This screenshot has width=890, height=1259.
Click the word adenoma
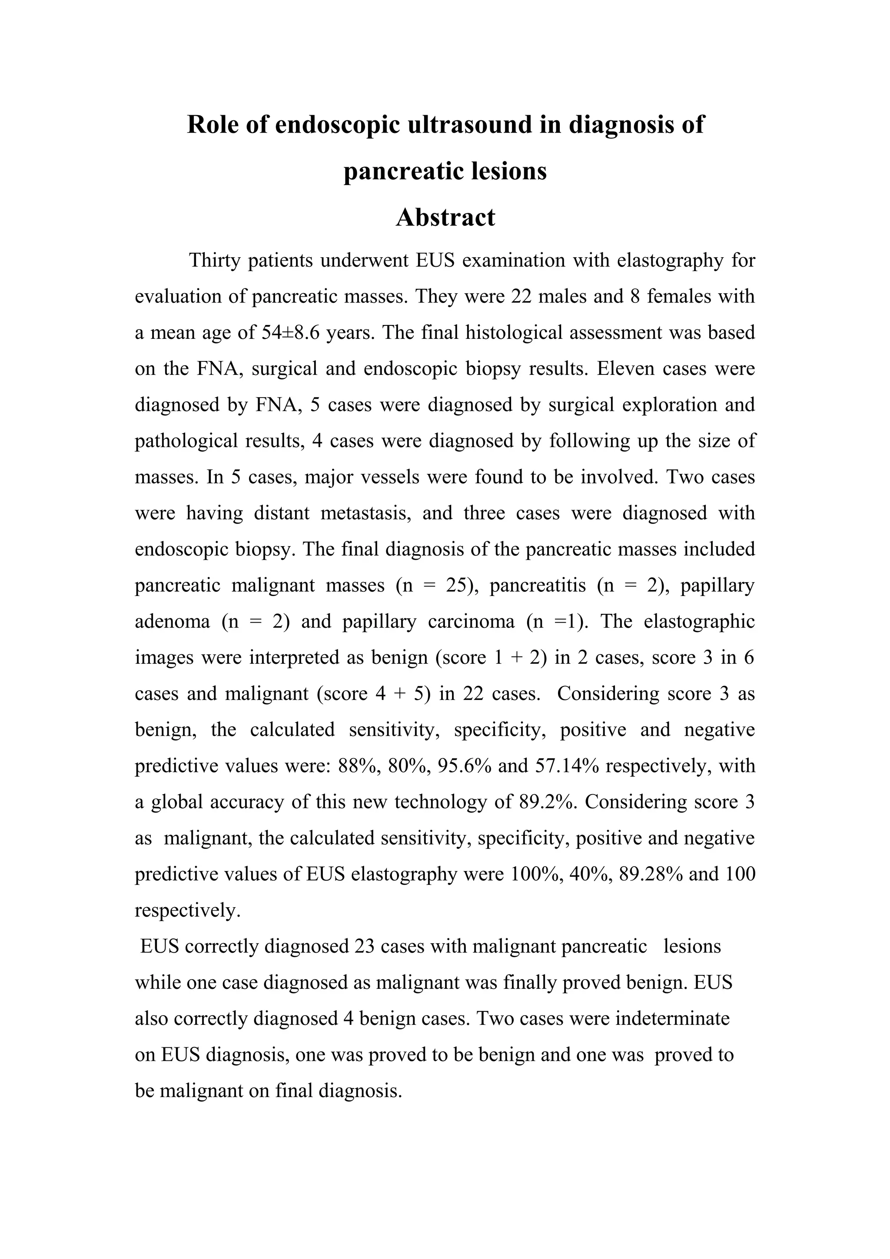click(x=172, y=622)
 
